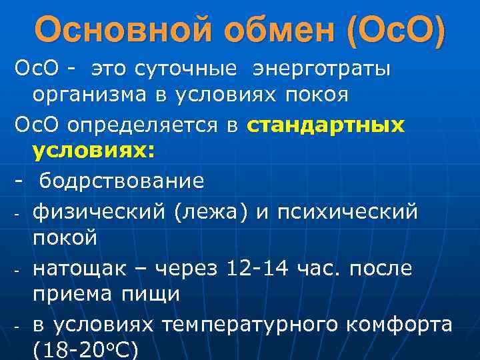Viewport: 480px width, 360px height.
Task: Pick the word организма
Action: (x=92, y=95)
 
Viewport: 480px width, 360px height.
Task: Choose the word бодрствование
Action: (x=121, y=181)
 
